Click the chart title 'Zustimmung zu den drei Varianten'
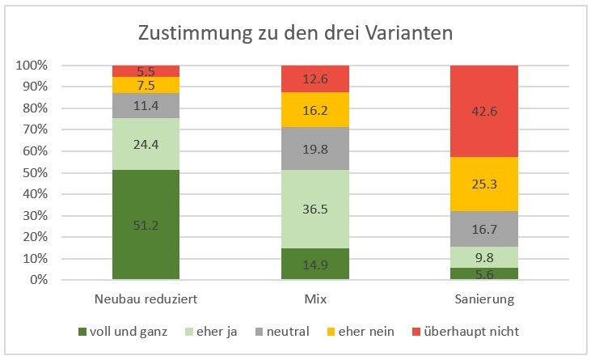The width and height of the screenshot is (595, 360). (296, 33)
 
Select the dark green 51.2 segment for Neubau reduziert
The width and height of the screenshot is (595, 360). (146, 225)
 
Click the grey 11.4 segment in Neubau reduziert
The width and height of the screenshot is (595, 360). (146, 105)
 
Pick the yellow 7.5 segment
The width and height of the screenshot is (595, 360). (146, 85)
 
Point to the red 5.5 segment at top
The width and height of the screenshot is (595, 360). (146, 70)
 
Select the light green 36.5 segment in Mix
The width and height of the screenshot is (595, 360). (314, 209)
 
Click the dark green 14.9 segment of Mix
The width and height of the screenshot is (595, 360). (314, 264)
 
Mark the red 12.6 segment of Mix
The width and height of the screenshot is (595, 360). (314, 78)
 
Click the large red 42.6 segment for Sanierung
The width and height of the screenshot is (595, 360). (483, 111)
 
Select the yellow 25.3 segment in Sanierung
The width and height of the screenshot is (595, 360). (483, 184)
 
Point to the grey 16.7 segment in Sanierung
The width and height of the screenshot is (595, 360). (483, 229)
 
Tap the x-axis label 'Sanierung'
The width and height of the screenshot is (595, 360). (483, 299)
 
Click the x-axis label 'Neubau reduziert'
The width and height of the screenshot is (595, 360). (146, 299)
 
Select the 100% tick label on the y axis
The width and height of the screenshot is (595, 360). (33, 65)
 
